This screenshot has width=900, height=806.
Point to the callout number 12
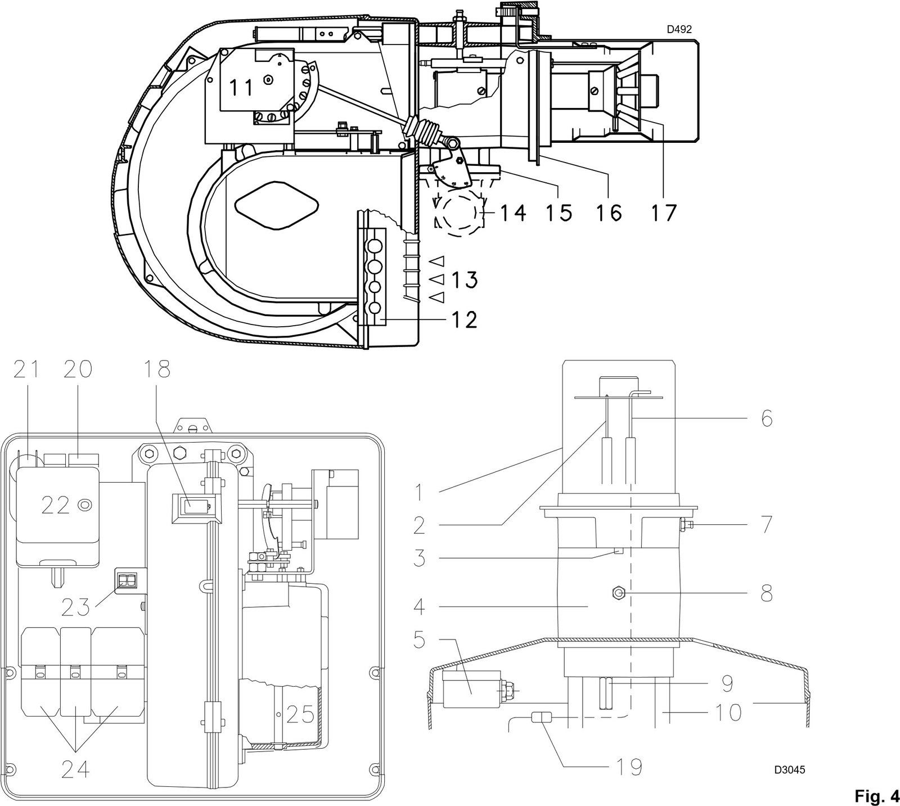[x=463, y=319]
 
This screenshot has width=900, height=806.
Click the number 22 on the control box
[x=56, y=505]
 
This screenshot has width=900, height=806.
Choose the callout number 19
[x=629, y=766]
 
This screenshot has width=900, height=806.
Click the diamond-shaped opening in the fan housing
[x=276, y=204]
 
